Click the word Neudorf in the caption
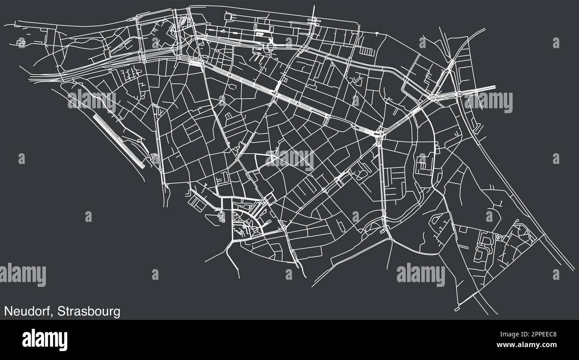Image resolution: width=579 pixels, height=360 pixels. (x=27, y=311)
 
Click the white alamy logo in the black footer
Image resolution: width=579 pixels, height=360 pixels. (x=45, y=339)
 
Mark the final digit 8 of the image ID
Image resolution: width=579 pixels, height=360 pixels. (x=554, y=334)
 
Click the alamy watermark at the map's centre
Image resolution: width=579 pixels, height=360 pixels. (x=290, y=159)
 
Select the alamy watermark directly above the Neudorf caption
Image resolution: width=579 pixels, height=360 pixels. (x=22, y=274)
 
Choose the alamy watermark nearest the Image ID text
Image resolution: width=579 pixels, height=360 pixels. (x=420, y=274)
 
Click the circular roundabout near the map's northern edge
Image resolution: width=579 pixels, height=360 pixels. (x=270, y=43)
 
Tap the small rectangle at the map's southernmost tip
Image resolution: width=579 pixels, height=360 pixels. (x=457, y=309)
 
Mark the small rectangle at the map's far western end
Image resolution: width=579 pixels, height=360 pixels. (x=21, y=43)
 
